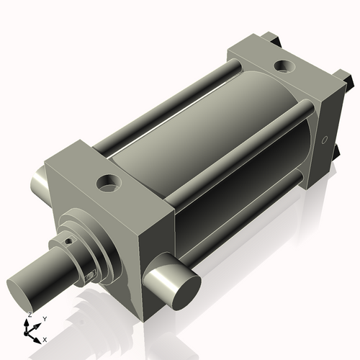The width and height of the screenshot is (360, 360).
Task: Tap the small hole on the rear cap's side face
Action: [323, 139]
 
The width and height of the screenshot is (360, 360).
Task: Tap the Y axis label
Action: [44, 318]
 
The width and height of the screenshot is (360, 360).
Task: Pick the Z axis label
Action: [29, 315]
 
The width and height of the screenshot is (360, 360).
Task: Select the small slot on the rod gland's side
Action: [90, 274]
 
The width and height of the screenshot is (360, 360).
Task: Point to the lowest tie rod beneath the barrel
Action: [245, 216]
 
